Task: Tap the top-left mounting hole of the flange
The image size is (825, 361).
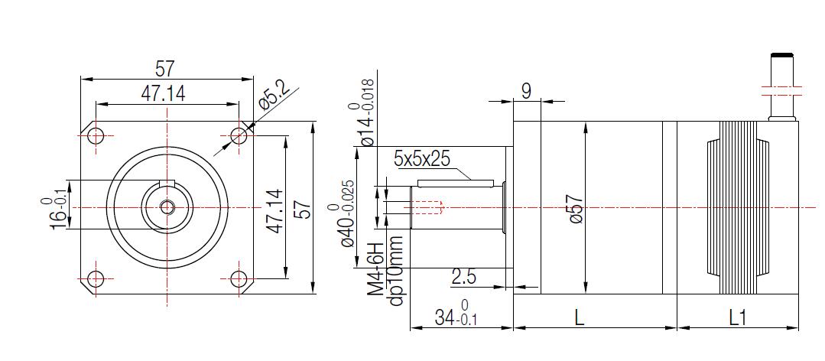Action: pyautogui.click(x=96, y=136)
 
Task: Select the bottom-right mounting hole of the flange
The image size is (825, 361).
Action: pyautogui.click(x=239, y=278)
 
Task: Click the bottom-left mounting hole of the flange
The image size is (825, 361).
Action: pyautogui.click(x=96, y=278)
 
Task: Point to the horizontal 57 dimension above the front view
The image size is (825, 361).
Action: pyautogui.click(x=166, y=69)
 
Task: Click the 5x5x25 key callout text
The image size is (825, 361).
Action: pyautogui.click(x=422, y=159)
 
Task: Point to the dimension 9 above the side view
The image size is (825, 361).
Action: pyautogui.click(x=526, y=90)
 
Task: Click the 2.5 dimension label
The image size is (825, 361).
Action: pyautogui.click(x=463, y=277)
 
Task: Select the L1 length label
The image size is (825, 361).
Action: pyautogui.click(x=737, y=316)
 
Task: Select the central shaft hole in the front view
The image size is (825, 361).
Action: pyautogui.click(x=167, y=207)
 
